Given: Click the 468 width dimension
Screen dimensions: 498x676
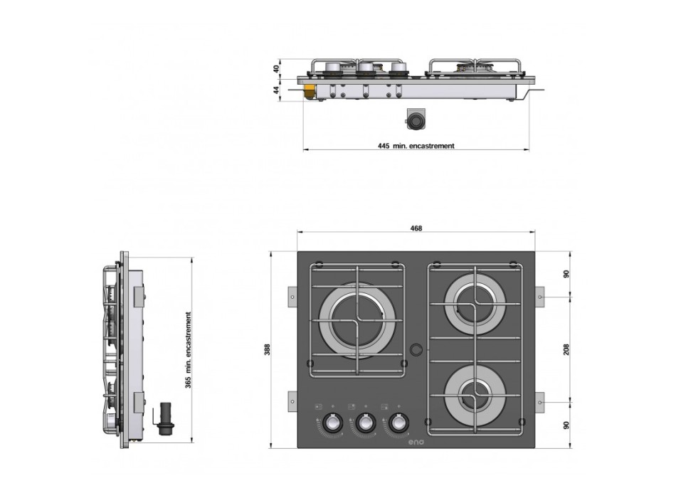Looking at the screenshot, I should click(x=416, y=228).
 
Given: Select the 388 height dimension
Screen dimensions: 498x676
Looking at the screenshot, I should click(x=267, y=349).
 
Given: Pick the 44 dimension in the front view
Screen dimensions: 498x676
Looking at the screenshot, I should click(x=276, y=90).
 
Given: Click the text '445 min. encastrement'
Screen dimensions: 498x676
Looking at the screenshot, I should click(x=416, y=146).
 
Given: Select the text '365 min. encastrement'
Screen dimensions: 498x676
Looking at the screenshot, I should click(x=189, y=349).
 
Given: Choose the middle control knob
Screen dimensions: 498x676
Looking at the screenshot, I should click(x=365, y=423).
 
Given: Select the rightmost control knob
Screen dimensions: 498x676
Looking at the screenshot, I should click(x=399, y=423).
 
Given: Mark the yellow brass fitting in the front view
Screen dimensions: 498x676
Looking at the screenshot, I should click(x=310, y=92).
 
